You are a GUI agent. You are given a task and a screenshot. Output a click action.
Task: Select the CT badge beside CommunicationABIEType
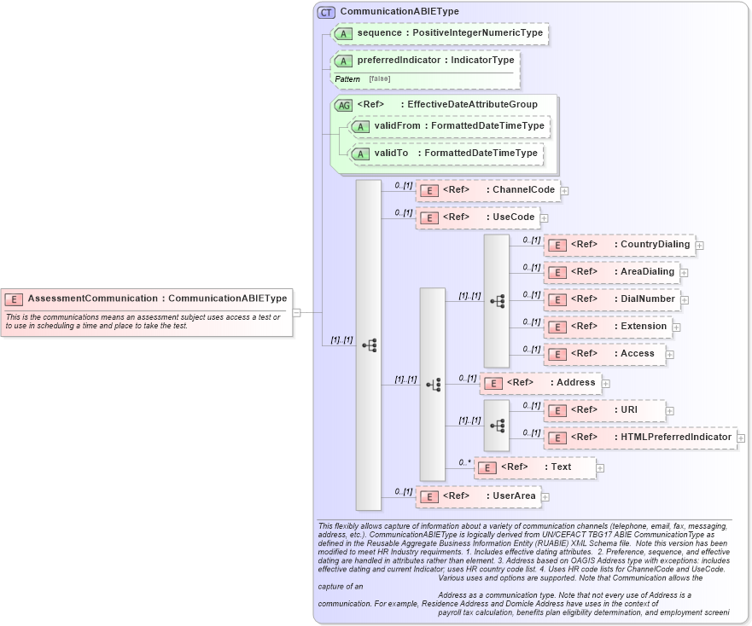point(326,12)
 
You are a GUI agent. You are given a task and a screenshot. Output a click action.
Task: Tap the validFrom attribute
point(449,126)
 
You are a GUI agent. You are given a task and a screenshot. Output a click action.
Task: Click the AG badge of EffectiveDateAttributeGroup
point(343,105)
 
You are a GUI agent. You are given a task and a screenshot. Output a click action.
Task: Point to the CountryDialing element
point(619,245)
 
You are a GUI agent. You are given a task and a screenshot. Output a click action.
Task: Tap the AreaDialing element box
point(611,272)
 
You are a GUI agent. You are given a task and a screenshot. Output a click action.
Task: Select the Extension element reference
point(607,327)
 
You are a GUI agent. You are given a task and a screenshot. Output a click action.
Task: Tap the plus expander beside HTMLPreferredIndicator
point(742,438)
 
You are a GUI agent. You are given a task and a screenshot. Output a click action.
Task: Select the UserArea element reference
point(478,496)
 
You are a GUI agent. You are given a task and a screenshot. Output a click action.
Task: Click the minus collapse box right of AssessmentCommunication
point(296,312)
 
